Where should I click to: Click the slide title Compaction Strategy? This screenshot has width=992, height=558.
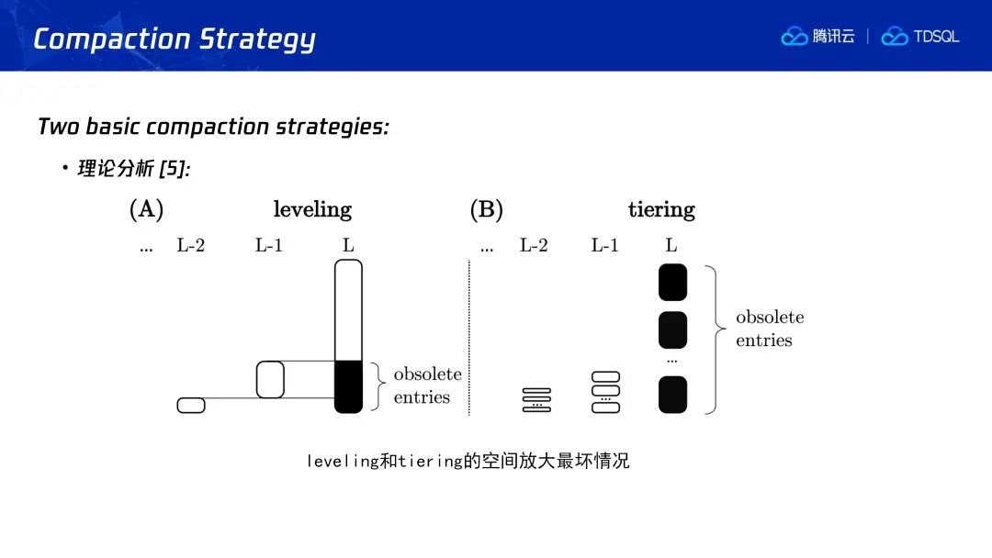point(175,39)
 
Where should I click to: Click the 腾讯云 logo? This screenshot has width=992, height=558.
point(819,37)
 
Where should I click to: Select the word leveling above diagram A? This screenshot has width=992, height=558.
point(312,209)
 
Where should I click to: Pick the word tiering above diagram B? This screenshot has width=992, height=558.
point(661,209)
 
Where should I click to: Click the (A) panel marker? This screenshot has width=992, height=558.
point(146,209)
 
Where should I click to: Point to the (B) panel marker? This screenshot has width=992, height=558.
point(486,209)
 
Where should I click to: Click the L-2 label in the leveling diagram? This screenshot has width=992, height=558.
point(191,246)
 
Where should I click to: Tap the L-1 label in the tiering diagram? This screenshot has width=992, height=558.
point(604,246)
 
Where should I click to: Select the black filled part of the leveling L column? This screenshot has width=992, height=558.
point(349,386)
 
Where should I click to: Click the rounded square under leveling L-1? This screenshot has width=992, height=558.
point(270,379)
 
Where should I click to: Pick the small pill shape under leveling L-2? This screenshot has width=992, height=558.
point(191,405)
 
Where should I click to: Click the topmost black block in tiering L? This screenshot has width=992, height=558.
point(673,283)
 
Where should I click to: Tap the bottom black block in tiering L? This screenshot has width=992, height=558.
point(673,395)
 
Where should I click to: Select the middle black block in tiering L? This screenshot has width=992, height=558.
point(673,329)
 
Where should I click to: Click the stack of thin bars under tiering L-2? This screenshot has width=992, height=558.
point(536,400)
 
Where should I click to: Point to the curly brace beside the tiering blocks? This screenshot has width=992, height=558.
point(716,340)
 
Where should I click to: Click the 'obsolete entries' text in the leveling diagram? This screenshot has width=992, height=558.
point(427,385)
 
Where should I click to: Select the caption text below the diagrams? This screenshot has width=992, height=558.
point(468,461)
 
